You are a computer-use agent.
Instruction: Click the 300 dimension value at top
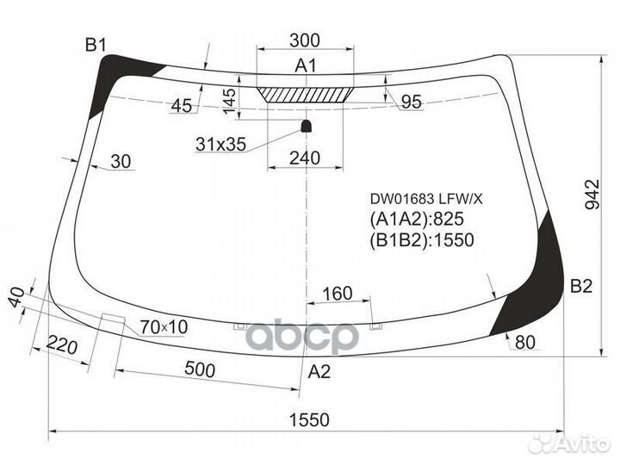coord(306,40)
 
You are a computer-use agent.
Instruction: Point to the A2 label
coord(319,372)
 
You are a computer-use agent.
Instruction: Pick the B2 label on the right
coord(580,287)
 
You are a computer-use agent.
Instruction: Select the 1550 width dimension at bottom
coord(308,419)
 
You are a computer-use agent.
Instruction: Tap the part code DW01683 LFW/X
coord(426,199)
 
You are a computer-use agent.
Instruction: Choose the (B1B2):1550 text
coord(422,240)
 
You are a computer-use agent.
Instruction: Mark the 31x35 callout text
coord(220,145)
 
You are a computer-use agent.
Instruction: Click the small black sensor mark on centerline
coord(306,127)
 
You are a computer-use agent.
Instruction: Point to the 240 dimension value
coord(305,158)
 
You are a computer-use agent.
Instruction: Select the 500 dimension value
coord(199,370)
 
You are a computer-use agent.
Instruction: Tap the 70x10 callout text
coord(163,326)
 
